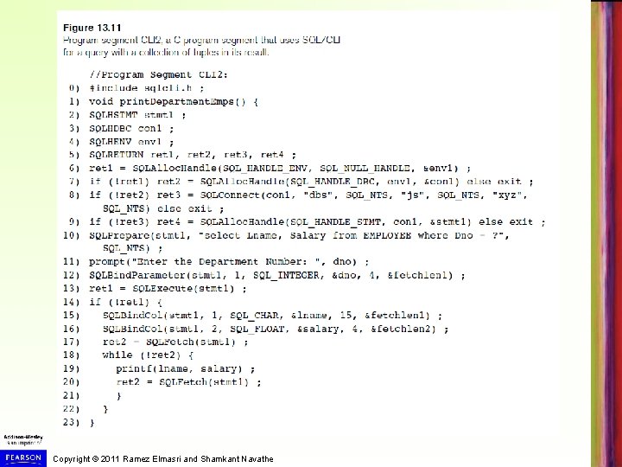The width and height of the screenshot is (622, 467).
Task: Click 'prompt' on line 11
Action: pyautogui.click(x=107, y=261)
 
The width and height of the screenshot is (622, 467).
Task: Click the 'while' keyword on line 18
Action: pyautogui.click(x=117, y=355)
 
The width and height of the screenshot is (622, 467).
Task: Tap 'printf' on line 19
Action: pyautogui.click(x=134, y=368)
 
